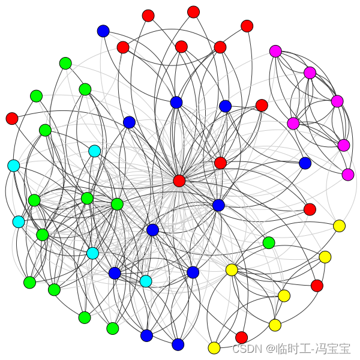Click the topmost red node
pyautogui.click(x=193, y=12)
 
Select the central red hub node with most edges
pyautogui.click(x=179, y=181)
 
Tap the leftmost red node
pyautogui.click(x=12, y=118)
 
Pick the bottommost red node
pyautogui.click(x=241, y=337)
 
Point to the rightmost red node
pyautogui.click(x=317, y=286)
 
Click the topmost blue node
pyautogui.click(x=103, y=31)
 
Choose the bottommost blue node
pyautogui.click(x=178, y=344)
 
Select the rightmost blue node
pyautogui.click(x=305, y=163)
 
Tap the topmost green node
pyautogui.click(x=65, y=64)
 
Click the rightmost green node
pyautogui.click(x=269, y=243)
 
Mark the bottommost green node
pyautogui.click(x=113, y=328)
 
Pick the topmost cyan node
pyautogui.click(x=94, y=151)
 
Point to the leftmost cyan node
pyautogui.click(x=13, y=166)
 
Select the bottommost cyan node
pyautogui.click(x=146, y=281)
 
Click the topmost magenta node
pyautogui.click(x=275, y=51)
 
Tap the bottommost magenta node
pyautogui.click(x=348, y=175)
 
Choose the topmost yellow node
pyautogui.click(x=339, y=226)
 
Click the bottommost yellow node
pyautogui.click(x=214, y=348)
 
